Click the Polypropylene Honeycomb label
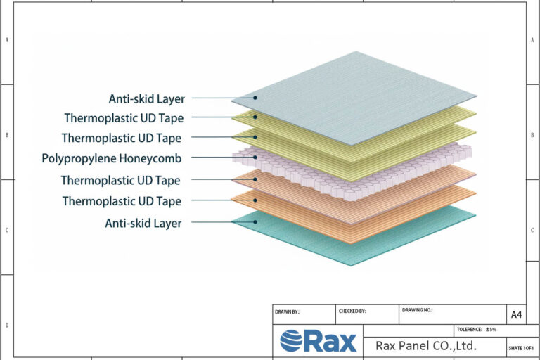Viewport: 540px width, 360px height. [112, 159]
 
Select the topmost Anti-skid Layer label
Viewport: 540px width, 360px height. [147, 99]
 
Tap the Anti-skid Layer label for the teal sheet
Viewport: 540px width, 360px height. [143, 224]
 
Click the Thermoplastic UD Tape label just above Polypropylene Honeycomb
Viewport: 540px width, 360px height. [122, 138]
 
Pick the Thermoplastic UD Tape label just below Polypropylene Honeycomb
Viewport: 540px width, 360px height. [120, 181]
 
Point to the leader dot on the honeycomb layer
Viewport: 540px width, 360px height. [255, 157]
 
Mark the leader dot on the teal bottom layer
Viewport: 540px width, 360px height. [255, 222]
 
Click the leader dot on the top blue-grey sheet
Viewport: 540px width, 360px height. [255, 98]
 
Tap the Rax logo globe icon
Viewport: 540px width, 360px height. [291, 341]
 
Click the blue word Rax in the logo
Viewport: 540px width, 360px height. [330, 342]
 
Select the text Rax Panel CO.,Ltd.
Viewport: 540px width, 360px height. [426, 345]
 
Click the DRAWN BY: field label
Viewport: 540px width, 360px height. [287, 312]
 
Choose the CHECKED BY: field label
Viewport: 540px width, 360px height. [352, 311]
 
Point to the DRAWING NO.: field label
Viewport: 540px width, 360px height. [417, 310]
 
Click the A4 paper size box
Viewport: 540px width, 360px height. [516, 314]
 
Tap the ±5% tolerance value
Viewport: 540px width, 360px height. [491, 330]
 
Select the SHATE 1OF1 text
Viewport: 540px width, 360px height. [521, 348]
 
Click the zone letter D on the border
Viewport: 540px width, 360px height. [7, 326]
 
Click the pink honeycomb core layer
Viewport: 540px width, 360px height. [352, 172]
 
